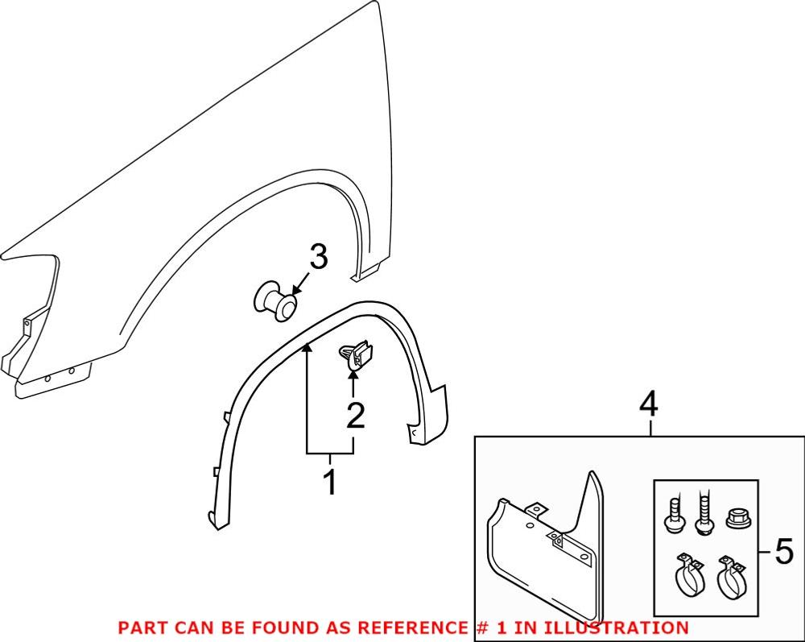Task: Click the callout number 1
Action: (x=329, y=483)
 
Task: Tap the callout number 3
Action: (x=319, y=259)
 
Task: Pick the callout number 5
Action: (x=783, y=553)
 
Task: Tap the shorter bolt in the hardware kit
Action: (x=673, y=515)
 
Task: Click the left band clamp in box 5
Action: (x=687, y=576)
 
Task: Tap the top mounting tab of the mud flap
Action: (x=534, y=510)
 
